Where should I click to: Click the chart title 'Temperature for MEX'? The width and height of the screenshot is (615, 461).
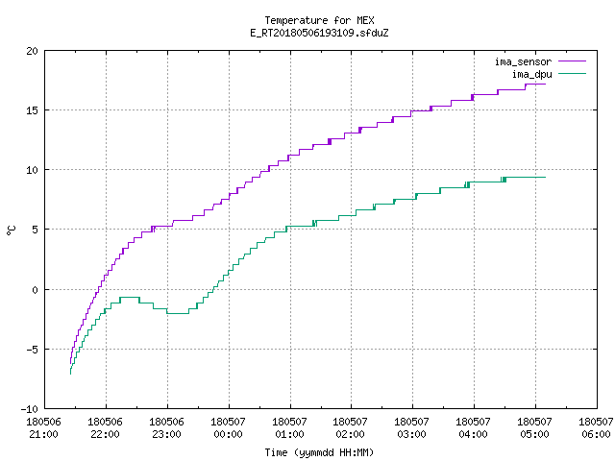point(319,20)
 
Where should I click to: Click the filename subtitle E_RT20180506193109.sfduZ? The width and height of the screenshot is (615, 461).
point(319,33)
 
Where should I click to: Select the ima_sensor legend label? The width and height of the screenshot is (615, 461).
point(523,61)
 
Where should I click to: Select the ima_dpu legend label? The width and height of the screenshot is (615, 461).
point(532,75)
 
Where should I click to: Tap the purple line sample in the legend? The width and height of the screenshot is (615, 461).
point(573,61)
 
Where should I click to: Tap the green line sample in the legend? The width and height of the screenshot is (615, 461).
point(573,74)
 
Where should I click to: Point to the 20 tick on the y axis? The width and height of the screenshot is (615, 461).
point(33,51)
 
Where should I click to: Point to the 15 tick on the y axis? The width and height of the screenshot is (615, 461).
point(33,110)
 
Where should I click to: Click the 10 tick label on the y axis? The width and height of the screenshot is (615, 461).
point(33,170)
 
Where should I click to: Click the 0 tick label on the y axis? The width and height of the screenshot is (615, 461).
point(36,290)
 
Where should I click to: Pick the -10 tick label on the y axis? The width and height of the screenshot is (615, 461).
point(30,409)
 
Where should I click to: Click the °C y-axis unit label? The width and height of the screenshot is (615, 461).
point(11,230)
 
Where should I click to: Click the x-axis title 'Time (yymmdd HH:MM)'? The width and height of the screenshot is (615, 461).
point(319,452)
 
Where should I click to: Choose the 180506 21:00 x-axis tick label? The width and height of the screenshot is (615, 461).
point(43,428)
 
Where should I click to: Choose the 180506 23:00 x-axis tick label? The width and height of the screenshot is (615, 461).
point(166,428)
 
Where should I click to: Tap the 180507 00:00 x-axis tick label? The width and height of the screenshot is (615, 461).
point(229,428)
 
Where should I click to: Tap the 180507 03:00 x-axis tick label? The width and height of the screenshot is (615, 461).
point(412,428)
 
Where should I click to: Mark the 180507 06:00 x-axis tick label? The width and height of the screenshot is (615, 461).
point(596,428)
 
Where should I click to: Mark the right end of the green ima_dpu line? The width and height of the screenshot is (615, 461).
point(545,177)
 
